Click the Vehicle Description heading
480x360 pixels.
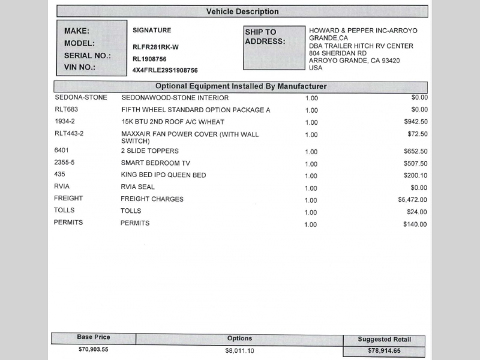tap(242, 11)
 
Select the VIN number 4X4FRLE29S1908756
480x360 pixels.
tap(165, 70)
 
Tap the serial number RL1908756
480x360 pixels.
tap(149, 59)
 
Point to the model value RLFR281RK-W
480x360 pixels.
tap(155, 47)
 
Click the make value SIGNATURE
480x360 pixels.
tap(152, 30)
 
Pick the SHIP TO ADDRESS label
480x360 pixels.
tap(264, 37)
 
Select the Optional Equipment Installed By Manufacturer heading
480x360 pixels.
tap(241, 86)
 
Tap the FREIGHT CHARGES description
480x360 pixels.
tap(152, 199)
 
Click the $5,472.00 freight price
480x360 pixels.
tap(412, 200)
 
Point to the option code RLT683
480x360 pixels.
tap(66, 110)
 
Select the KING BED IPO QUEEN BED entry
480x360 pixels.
tap(163, 175)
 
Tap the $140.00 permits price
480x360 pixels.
tap(415, 224)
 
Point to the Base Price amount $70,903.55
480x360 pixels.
tap(93, 349)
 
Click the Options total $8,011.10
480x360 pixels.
tap(239, 350)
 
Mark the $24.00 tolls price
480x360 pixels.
tap(417, 212)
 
